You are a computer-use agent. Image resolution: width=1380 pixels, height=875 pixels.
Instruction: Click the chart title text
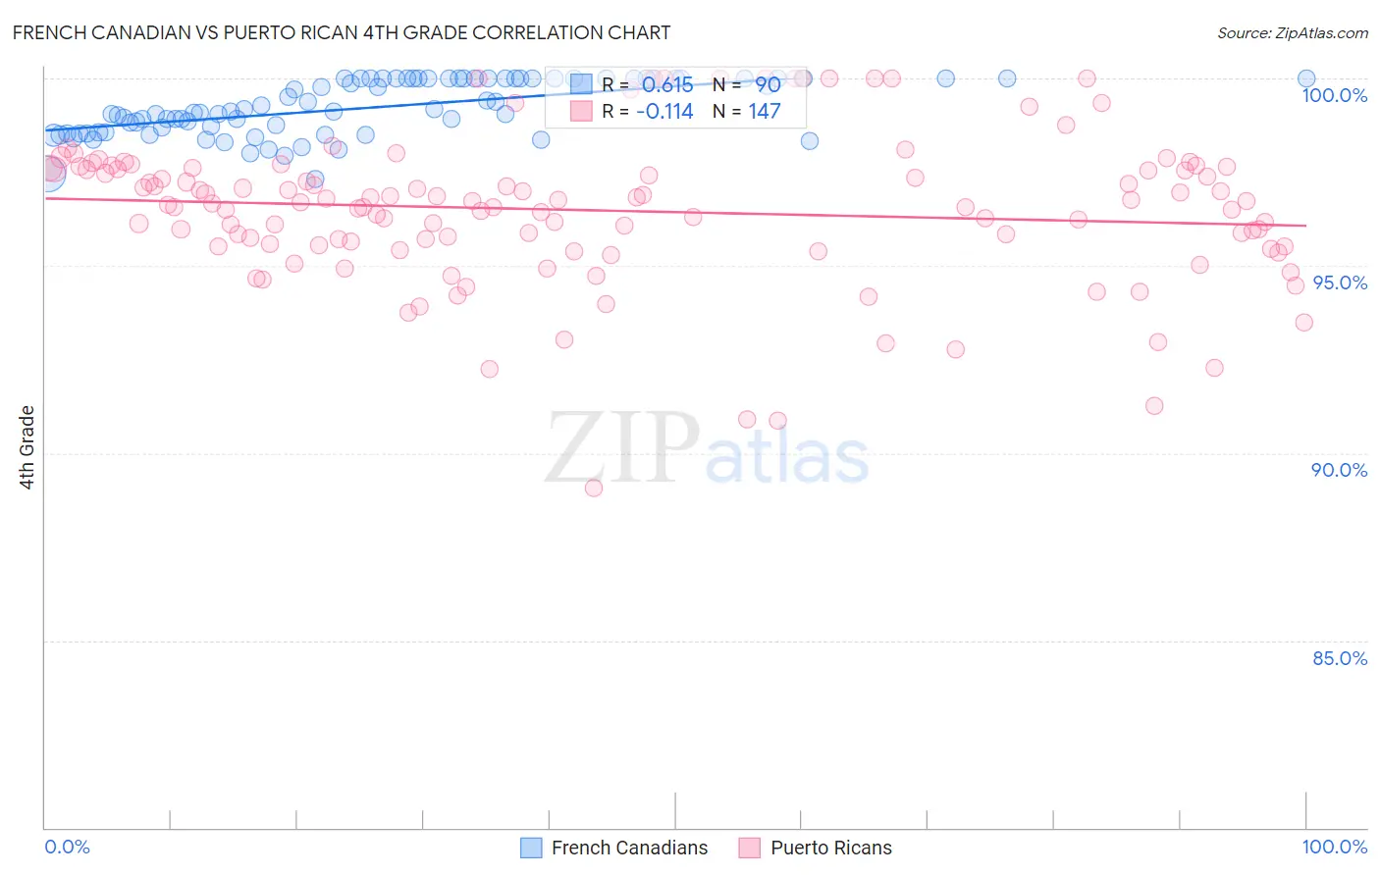[342, 32]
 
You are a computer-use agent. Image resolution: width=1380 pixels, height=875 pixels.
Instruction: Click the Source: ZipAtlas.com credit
[1292, 33]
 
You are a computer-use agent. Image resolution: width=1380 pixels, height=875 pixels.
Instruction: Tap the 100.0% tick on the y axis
[1334, 95]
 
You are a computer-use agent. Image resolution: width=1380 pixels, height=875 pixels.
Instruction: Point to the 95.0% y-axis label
[1340, 283]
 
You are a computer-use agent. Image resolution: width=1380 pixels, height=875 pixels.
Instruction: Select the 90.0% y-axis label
[1339, 470]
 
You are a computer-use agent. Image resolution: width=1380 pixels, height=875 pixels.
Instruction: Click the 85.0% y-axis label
[1340, 658]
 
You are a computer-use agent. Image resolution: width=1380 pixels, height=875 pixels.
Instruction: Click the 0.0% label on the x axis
[67, 847]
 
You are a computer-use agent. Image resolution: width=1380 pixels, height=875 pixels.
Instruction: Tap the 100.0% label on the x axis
[1334, 847]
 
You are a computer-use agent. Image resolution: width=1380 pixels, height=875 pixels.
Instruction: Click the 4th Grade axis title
[27, 447]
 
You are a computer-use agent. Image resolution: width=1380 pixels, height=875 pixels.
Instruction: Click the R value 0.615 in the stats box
[667, 85]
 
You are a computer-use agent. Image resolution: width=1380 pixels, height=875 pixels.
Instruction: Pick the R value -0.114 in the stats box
[664, 112]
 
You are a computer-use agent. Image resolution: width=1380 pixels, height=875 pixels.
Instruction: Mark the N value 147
[765, 112]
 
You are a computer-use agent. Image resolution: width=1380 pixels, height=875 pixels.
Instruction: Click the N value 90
[768, 85]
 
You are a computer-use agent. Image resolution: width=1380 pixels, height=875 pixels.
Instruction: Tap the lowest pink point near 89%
[593, 488]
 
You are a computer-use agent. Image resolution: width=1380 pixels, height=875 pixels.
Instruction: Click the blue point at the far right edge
[1306, 78]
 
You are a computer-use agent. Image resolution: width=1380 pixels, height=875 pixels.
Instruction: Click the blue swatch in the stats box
[581, 85]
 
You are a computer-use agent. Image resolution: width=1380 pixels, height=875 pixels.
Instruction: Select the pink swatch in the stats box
[581, 112]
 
